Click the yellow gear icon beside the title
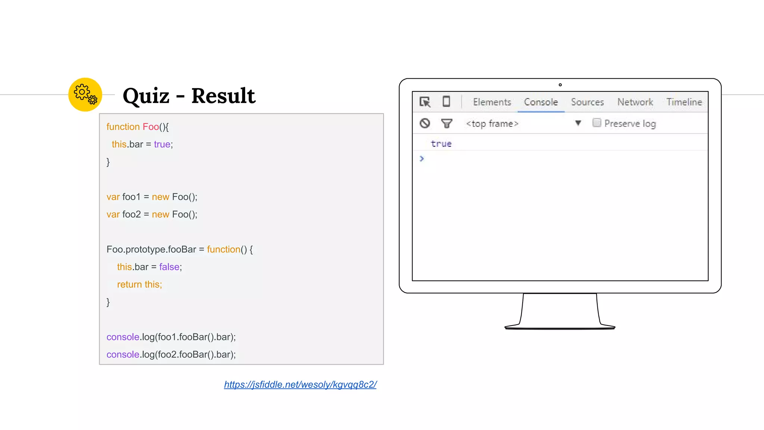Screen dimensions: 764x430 [x=85, y=94]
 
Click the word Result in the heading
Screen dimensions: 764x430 [x=223, y=96]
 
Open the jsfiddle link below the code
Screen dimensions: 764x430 [x=300, y=384]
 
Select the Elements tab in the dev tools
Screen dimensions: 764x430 [x=492, y=102]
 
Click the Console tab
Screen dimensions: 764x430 [x=541, y=102]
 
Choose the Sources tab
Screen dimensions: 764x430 [x=587, y=102]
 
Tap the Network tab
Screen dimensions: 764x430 [x=635, y=102]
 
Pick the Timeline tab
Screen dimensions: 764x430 [x=684, y=102]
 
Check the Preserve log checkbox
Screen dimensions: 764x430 [x=597, y=123]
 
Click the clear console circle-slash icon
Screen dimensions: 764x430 [x=425, y=123]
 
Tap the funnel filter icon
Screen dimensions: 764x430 [x=447, y=123]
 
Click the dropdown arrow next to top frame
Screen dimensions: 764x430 [x=578, y=123]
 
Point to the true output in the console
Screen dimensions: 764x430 [x=441, y=144]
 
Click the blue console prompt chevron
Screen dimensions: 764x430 [x=422, y=159]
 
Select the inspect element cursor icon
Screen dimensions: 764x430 [x=425, y=102]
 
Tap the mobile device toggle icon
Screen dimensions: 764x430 [x=446, y=102]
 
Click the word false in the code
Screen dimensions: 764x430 [x=169, y=267]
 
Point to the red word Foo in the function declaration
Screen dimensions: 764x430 [x=151, y=127]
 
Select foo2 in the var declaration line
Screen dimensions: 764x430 [x=131, y=214]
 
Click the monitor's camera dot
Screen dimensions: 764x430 [x=560, y=85]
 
